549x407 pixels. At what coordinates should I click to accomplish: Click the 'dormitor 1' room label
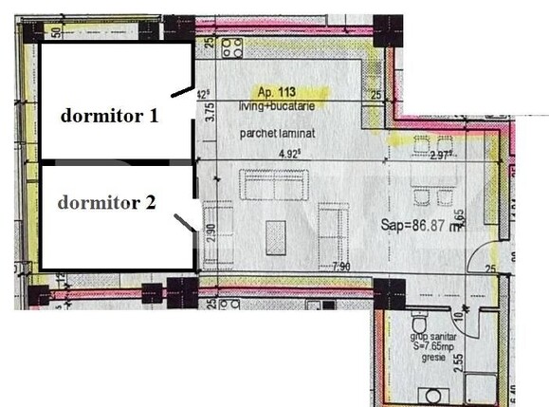109,117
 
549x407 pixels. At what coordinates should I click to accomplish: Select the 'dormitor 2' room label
105,202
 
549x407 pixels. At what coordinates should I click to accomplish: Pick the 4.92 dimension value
287,152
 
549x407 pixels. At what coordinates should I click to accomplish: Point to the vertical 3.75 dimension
211,112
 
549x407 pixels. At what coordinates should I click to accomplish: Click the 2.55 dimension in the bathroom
459,361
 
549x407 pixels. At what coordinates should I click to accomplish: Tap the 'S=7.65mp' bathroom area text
431,347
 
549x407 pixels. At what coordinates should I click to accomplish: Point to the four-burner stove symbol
230,47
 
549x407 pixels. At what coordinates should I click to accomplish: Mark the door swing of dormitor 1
179,90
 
